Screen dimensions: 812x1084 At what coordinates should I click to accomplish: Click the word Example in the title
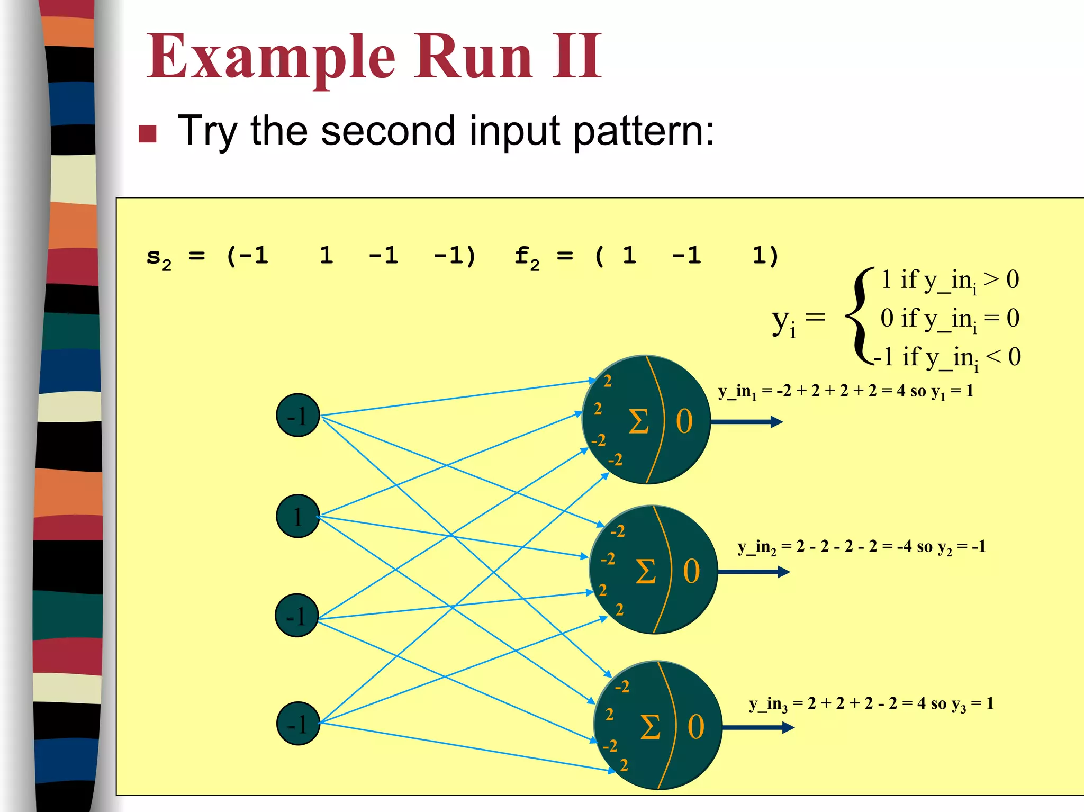(x=270, y=57)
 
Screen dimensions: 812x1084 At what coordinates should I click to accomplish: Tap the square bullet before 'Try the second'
(x=147, y=134)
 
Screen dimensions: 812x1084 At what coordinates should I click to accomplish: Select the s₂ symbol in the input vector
(x=159, y=258)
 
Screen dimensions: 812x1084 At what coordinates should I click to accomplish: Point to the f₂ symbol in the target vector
(x=527, y=258)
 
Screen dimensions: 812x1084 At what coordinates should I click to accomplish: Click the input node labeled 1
(x=298, y=516)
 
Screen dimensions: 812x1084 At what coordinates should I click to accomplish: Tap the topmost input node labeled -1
(x=298, y=416)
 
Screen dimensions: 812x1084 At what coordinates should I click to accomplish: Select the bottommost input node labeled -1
(x=298, y=724)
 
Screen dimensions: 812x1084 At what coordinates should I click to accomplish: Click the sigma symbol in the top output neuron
(x=638, y=422)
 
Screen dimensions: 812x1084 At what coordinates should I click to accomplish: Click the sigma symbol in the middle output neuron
(x=645, y=572)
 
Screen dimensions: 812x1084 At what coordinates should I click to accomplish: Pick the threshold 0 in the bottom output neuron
(x=695, y=727)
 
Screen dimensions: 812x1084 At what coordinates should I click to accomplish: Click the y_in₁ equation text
(x=846, y=391)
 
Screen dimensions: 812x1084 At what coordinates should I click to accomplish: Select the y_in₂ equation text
(x=862, y=547)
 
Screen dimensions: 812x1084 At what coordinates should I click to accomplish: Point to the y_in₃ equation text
(x=871, y=703)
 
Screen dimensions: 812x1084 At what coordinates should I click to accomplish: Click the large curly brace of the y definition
(x=859, y=317)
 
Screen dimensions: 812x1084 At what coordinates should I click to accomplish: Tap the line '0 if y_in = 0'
(x=950, y=319)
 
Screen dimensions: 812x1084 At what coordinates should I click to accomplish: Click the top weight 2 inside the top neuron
(x=608, y=381)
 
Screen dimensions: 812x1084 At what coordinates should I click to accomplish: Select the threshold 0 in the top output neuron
(x=684, y=422)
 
